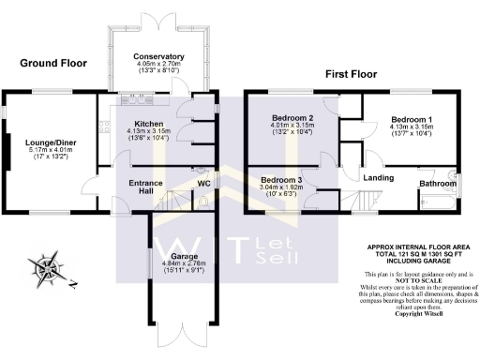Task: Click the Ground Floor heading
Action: (x=53, y=64)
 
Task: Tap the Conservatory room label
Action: (x=158, y=57)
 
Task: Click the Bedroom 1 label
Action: (x=411, y=120)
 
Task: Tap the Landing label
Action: (x=377, y=176)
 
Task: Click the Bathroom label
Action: (x=435, y=183)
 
